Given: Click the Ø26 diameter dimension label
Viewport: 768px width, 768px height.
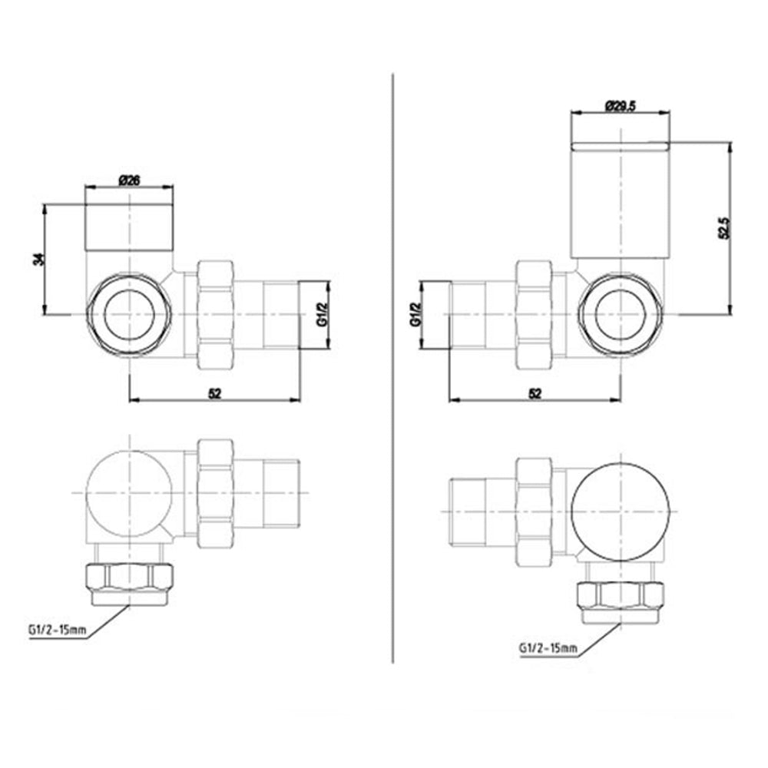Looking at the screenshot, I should (x=129, y=181).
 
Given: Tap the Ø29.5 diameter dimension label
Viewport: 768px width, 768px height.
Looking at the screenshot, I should (x=621, y=107).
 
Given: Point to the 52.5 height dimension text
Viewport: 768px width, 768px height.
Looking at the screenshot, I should (x=723, y=227).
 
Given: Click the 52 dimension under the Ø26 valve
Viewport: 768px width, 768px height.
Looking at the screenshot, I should (x=215, y=392).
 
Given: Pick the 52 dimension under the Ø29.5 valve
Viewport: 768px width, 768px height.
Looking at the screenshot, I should (x=535, y=392).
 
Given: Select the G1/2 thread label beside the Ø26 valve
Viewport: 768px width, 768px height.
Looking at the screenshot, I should (x=322, y=316).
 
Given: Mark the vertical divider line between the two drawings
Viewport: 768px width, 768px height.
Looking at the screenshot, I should (x=392, y=369).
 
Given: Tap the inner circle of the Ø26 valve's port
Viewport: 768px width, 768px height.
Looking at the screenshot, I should (x=129, y=315).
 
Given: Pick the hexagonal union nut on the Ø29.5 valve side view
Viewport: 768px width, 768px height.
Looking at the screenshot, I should (x=534, y=315).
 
